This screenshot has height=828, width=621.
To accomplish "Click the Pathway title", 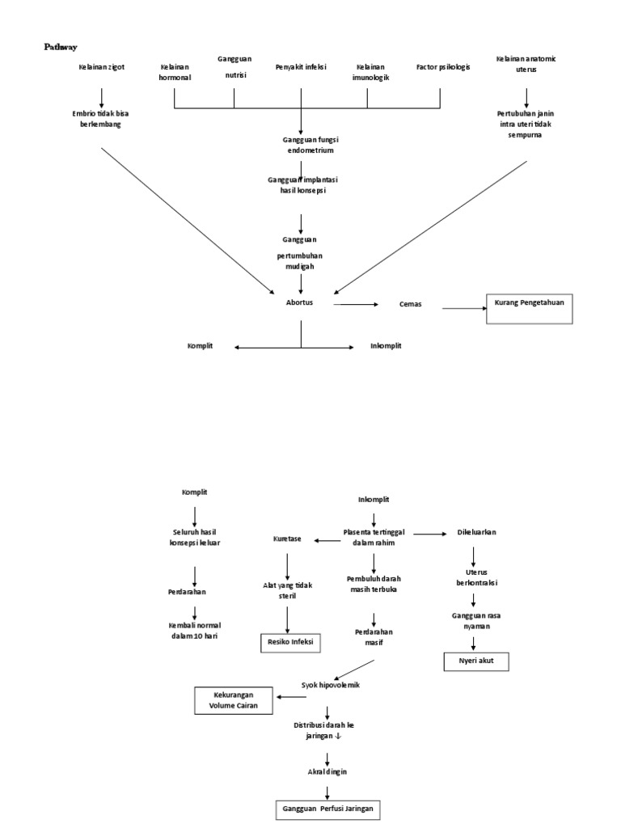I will [60, 48].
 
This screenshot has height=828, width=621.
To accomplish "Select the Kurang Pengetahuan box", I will [529, 309].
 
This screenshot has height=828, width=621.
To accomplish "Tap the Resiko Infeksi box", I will [289, 643].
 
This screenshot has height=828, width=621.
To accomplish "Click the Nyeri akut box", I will [475, 661].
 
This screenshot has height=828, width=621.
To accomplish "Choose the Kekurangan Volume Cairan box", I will [233, 699].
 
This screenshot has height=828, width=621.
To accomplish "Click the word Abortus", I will [300, 302].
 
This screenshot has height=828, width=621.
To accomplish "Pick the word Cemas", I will [410, 305].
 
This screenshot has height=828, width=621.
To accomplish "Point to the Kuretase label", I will [286, 539].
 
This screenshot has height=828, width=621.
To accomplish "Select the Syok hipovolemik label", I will [330, 685].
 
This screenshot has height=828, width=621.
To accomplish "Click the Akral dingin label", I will [327, 771].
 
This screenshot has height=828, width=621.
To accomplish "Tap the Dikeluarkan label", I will [476, 533].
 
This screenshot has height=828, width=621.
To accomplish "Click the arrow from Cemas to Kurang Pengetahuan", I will [463, 308].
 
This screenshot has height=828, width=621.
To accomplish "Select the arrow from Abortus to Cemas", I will [356, 304].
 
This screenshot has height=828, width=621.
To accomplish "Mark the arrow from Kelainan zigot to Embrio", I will [102, 96].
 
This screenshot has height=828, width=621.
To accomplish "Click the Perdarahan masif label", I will [373, 636].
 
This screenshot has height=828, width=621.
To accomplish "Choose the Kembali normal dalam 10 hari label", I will [194, 630].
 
